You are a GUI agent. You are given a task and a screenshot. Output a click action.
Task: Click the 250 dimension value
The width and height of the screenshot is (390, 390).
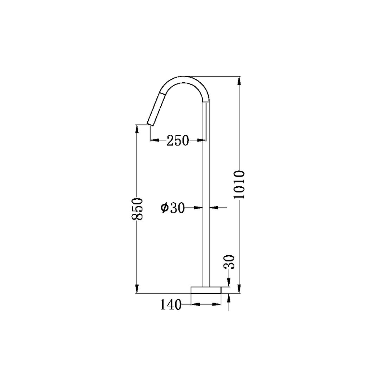click(178, 140)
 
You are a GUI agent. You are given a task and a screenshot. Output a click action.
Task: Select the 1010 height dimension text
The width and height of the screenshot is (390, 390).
click(239, 184)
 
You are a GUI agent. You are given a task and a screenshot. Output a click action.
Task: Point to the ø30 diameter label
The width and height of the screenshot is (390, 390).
click(173, 208)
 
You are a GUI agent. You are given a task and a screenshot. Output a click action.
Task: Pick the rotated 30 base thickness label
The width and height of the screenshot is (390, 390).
click(230, 262)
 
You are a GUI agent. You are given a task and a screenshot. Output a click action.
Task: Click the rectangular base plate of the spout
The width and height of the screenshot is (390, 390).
click(206, 290)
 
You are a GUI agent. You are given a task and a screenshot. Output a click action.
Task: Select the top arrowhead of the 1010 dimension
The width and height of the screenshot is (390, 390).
click(239, 81)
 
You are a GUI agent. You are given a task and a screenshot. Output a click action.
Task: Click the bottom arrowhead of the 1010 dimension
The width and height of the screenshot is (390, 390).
click(239, 289)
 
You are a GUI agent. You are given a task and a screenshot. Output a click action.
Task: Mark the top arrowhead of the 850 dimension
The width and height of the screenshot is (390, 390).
click(137, 129)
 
